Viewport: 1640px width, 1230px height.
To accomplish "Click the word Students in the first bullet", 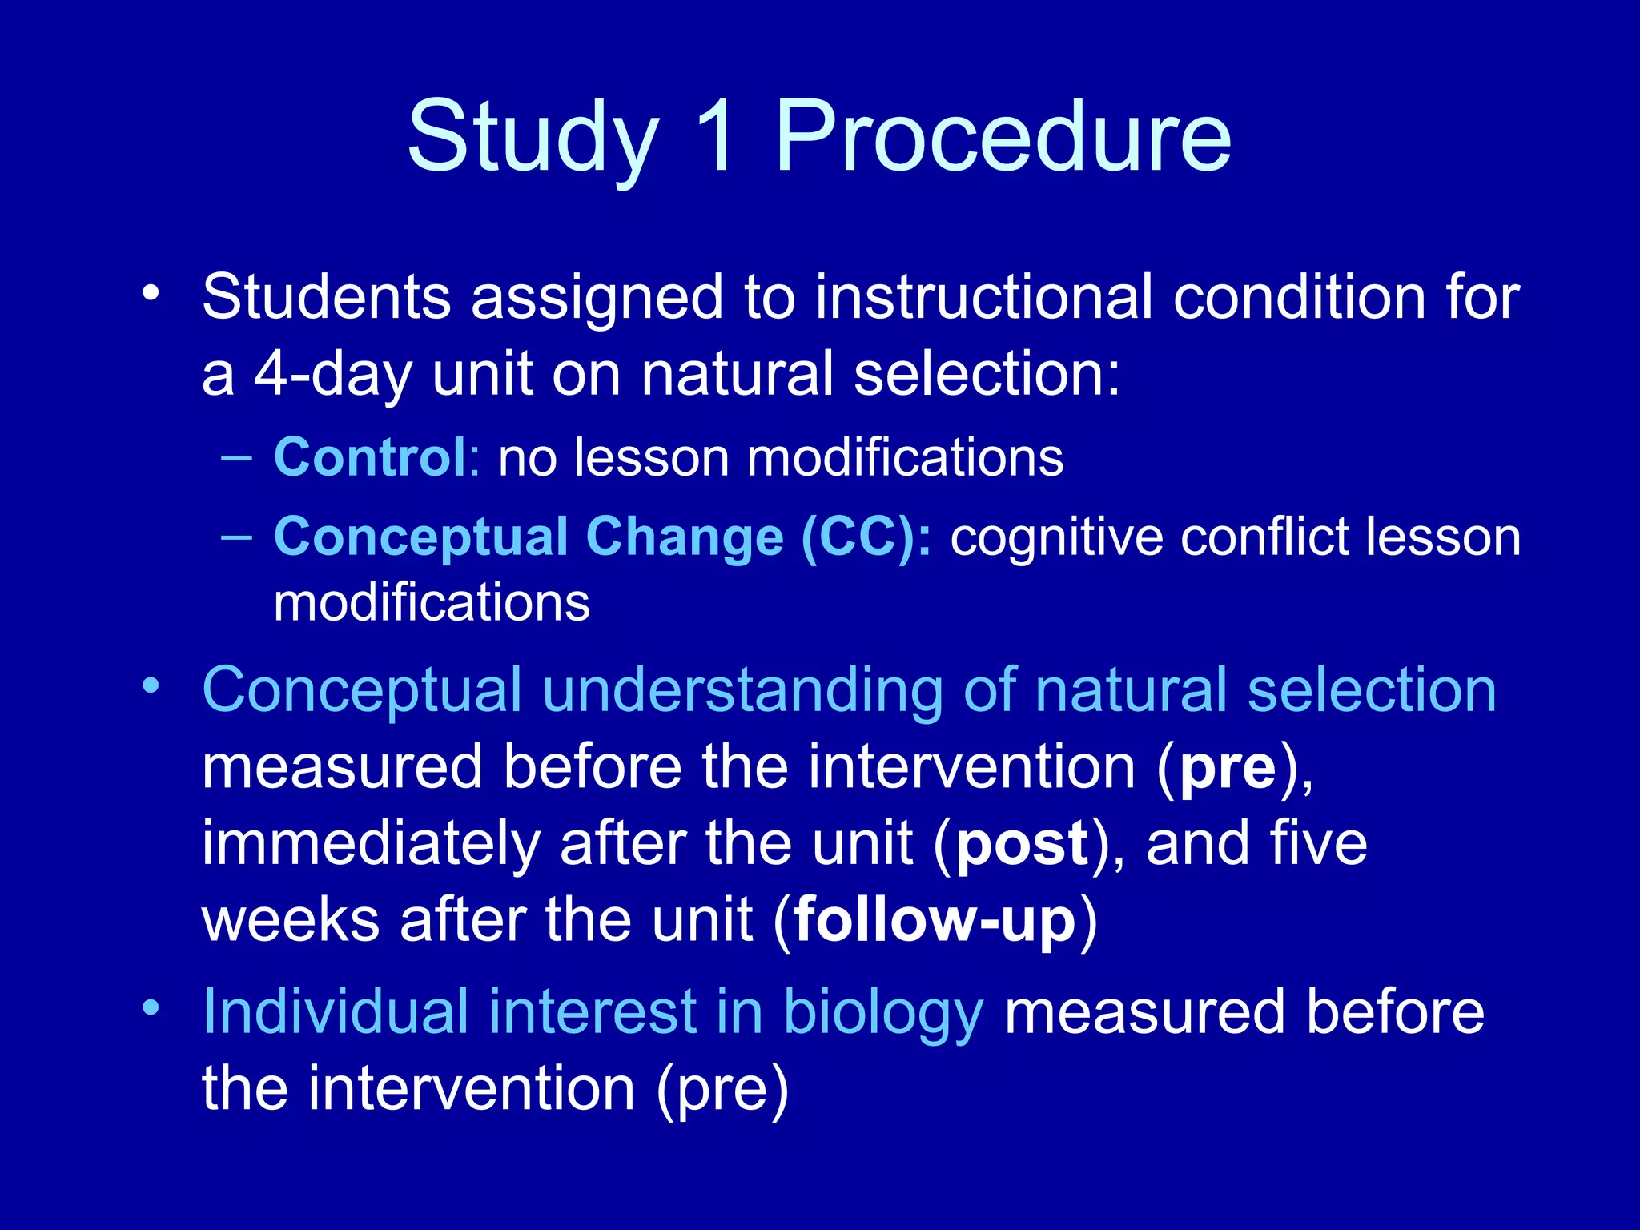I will (326, 297).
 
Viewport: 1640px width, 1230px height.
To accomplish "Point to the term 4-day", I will (332, 374).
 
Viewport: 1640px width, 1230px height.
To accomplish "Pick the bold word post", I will (1023, 844).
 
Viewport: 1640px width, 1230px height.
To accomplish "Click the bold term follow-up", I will (935, 920).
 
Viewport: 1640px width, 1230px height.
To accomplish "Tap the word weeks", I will (291, 920).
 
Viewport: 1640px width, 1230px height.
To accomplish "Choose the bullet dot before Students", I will (151, 293).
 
